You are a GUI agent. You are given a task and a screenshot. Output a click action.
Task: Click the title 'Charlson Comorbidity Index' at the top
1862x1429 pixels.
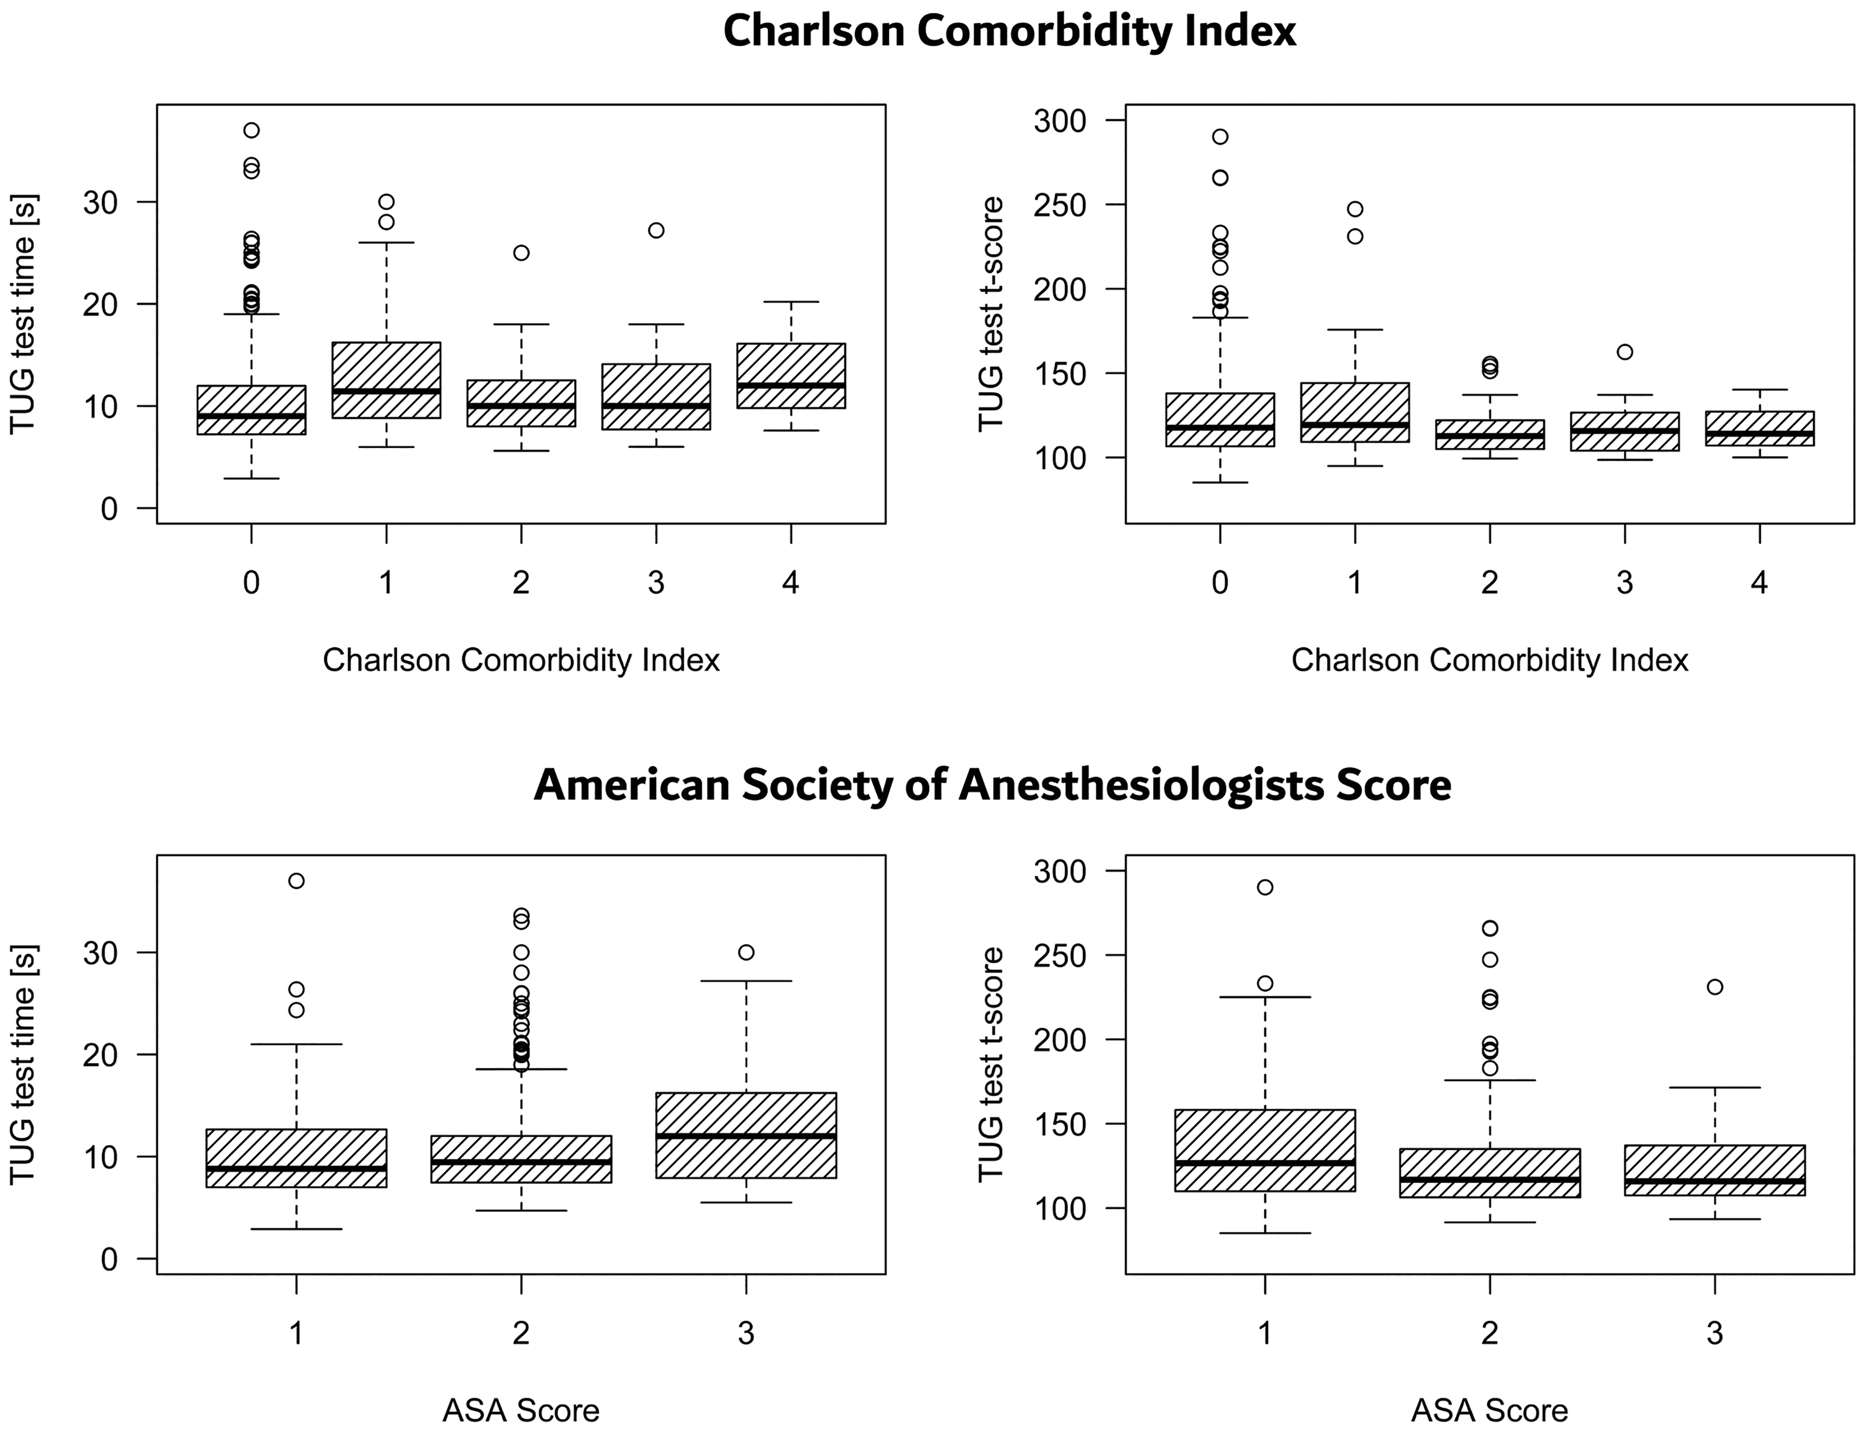pyautogui.click(x=1010, y=32)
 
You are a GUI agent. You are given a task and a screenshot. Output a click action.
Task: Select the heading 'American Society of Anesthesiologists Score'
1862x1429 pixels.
pyautogui.click(x=992, y=784)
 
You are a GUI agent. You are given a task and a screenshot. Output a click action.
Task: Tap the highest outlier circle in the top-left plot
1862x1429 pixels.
pyautogui.click(x=251, y=130)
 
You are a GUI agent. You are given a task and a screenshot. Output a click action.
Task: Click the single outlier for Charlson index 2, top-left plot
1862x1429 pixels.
pyautogui.click(x=522, y=253)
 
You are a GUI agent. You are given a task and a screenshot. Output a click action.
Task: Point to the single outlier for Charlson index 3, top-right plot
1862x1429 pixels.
pyautogui.click(x=1624, y=352)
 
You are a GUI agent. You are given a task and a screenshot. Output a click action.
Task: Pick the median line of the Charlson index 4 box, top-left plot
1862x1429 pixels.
pyautogui.click(x=791, y=385)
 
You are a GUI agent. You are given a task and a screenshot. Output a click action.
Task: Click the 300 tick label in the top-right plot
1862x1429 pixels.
pyautogui.click(x=1060, y=121)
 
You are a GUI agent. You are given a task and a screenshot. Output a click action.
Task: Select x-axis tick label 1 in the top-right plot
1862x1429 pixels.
pyautogui.click(x=1355, y=583)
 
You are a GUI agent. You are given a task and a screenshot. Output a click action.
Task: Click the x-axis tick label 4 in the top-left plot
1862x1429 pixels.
pyautogui.click(x=791, y=583)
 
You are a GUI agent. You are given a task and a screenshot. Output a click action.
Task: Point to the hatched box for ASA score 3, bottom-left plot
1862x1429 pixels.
pyautogui.click(x=746, y=1135)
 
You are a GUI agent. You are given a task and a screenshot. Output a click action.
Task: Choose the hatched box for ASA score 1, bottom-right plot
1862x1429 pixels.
pyautogui.click(x=1265, y=1150)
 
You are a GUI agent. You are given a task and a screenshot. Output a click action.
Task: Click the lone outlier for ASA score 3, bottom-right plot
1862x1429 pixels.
pyautogui.click(x=1715, y=987)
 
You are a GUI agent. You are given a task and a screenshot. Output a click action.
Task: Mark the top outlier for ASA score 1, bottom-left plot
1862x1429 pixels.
pyautogui.click(x=296, y=881)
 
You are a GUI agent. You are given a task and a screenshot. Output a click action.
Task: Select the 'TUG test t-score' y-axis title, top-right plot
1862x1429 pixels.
pyautogui.click(x=991, y=315)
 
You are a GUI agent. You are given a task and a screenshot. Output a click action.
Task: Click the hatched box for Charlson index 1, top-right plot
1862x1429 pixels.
pyautogui.click(x=1355, y=412)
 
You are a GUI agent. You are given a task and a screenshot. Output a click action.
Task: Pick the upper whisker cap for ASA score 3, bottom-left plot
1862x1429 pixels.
pyautogui.click(x=746, y=981)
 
